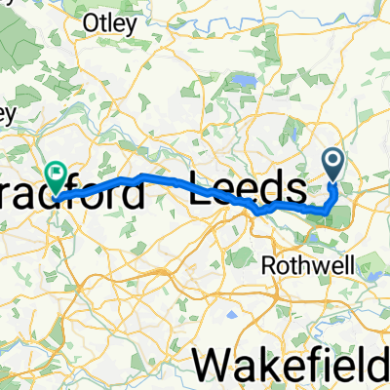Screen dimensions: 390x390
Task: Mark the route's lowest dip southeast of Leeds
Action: pos(259,212)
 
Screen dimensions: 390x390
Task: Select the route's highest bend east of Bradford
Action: pos(142,175)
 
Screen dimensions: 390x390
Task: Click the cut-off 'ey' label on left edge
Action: pos(6,114)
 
